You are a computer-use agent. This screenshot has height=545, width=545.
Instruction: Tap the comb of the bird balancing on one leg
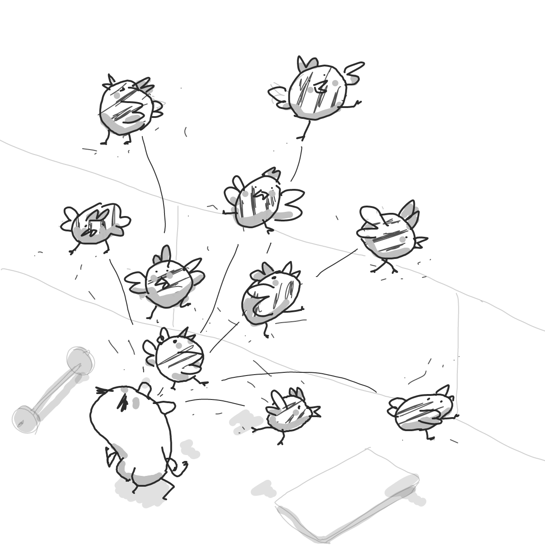pos(307,64)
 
